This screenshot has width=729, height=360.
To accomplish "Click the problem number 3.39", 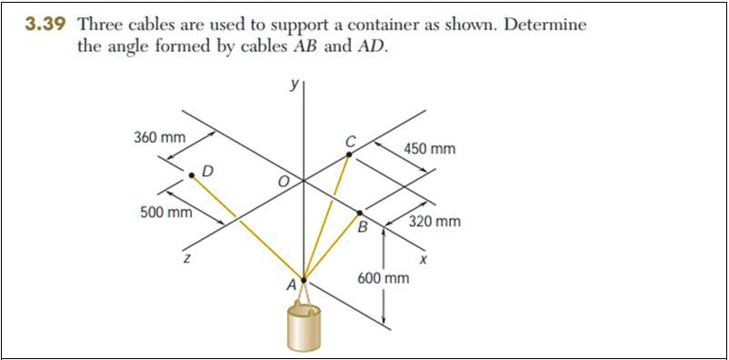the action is (45, 25).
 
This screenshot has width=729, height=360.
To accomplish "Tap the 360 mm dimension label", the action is (159, 138).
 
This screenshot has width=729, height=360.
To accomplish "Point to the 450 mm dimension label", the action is (430, 148).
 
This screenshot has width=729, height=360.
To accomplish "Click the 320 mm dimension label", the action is (434, 221).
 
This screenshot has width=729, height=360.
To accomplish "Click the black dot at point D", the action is (192, 175).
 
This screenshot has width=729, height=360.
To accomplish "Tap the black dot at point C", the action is (349, 155).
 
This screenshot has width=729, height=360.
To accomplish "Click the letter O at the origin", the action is (283, 183).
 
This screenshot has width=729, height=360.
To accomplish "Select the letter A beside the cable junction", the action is (292, 285).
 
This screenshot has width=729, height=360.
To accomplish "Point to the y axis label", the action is (294, 85).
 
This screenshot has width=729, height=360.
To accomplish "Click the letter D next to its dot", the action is (208, 170).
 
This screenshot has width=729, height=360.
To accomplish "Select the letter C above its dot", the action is (350, 141).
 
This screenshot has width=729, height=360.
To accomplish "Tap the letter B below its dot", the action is (362, 227).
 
